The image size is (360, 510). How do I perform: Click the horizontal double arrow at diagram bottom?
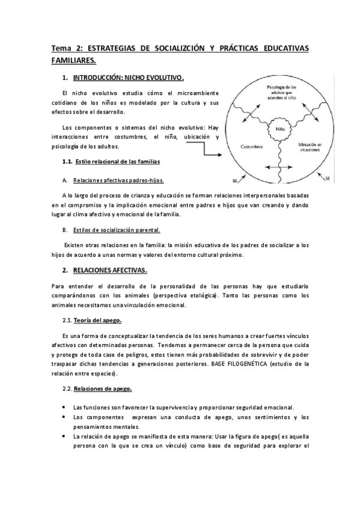point(279,167)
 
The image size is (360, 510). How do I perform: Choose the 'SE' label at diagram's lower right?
point(327,179)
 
